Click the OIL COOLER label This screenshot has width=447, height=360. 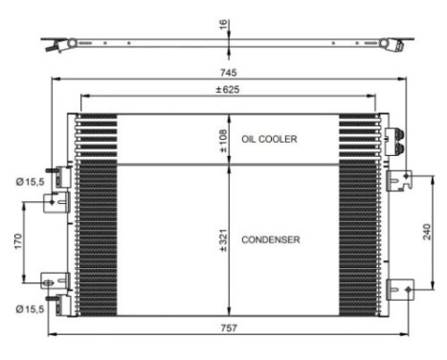point(270,140)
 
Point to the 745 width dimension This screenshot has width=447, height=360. point(228,72)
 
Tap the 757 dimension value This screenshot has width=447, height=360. point(228,327)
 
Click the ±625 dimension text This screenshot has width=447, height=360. point(227,89)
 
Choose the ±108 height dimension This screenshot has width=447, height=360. point(222,140)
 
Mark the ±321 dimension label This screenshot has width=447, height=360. point(222,238)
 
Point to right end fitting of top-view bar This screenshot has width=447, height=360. point(393,43)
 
